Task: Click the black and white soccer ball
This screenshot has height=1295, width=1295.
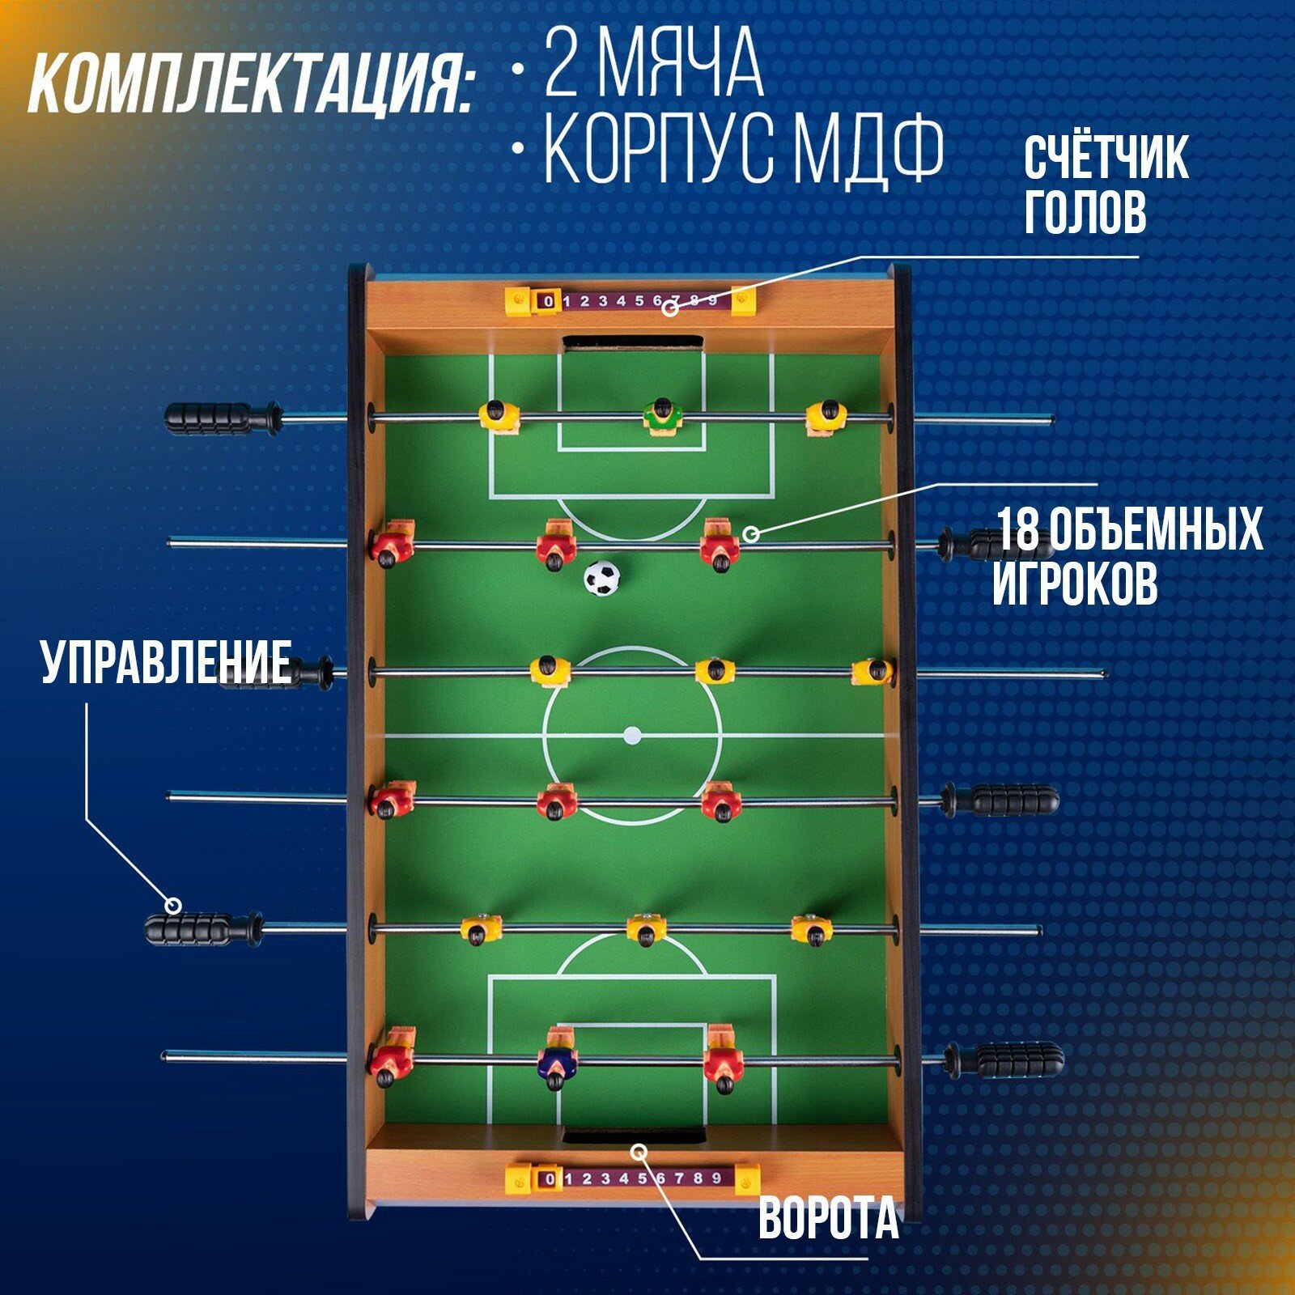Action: click(x=601, y=578)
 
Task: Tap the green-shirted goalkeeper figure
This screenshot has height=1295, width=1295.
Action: click(x=663, y=418)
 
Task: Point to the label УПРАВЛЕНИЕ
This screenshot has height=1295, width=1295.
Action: click(x=166, y=662)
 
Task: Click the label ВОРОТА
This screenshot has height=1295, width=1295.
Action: click(x=828, y=1218)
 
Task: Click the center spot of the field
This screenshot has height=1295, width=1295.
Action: click(x=632, y=736)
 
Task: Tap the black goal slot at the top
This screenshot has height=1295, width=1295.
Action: click(x=633, y=344)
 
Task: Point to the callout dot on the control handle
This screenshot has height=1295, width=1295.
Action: click(x=173, y=905)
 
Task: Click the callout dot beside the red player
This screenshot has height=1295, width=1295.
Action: click(x=750, y=533)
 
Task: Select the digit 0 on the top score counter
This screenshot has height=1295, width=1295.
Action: click(x=549, y=302)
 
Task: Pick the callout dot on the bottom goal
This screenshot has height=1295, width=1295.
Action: click(x=639, y=1149)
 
